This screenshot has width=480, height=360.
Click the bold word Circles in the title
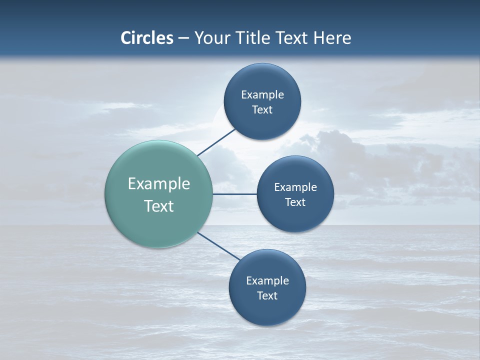coord(147,38)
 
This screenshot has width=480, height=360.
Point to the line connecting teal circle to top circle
coord(216,142)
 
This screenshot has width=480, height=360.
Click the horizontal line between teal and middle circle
coord(234,194)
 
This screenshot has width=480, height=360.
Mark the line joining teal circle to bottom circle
coord(219,246)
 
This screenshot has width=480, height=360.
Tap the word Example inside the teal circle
coord(159,184)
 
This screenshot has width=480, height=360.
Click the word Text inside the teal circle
coord(159,206)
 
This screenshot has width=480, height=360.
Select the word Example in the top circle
coord(262,95)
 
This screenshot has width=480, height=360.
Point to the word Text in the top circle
coord(262,110)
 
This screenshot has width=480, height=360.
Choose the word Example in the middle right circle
coord(295,187)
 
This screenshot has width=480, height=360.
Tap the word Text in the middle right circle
coord(295,202)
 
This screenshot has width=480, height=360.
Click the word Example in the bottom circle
coord(267,281)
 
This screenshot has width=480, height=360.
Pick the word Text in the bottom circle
coord(267,295)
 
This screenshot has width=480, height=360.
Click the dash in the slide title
coord(183,38)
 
